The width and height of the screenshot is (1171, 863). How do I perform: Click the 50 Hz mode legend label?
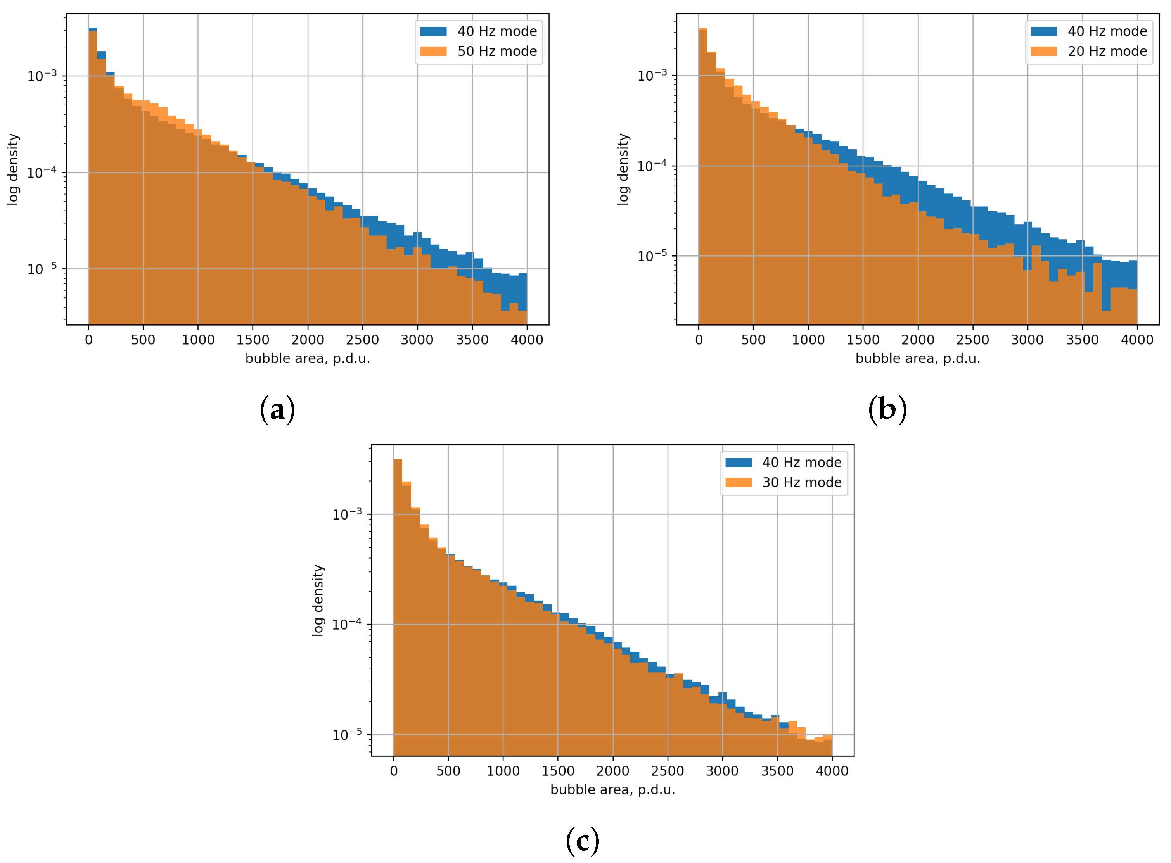coord(496,51)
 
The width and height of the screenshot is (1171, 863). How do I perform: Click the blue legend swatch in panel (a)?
coord(433,31)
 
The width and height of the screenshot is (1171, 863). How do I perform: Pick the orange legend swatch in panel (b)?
coord(1043,51)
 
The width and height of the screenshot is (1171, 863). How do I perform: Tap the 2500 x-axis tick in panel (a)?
coord(362,340)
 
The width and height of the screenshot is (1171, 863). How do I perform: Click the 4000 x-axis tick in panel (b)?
coord(1136,340)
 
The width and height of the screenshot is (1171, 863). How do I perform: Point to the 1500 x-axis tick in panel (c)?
coord(557,771)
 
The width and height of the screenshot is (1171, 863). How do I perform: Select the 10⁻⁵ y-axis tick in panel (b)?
coord(652,255)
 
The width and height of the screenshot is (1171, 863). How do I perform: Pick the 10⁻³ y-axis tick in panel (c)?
coord(347,514)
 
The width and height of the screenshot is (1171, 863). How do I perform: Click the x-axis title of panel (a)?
coord(307,358)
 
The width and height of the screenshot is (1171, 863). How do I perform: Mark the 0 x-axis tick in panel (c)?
coord(393,771)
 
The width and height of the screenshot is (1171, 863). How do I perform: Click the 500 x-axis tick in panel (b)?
coord(753,340)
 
